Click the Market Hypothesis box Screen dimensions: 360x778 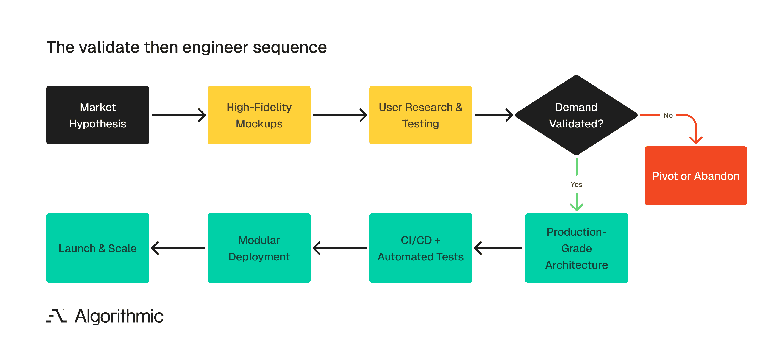click(x=97, y=115)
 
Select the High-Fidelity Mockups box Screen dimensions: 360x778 click(x=259, y=115)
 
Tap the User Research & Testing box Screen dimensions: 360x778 click(x=420, y=115)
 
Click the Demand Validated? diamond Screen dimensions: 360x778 click(x=576, y=115)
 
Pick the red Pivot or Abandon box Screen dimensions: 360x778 click(x=696, y=176)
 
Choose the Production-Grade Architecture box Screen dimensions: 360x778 click(x=576, y=248)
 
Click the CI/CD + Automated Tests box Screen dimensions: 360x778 click(x=420, y=248)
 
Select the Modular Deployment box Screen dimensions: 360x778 click(x=259, y=248)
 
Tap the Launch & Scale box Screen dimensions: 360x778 click(x=97, y=248)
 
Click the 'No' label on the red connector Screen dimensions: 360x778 click(x=668, y=115)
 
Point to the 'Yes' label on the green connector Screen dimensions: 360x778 click(x=576, y=185)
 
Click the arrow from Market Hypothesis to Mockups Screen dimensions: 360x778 click(x=178, y=115)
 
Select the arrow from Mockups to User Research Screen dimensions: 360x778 click(x=340, y=115)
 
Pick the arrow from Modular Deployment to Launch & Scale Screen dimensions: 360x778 click(x=178, y=248)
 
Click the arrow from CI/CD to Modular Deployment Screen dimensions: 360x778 click(x=340, y=248)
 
